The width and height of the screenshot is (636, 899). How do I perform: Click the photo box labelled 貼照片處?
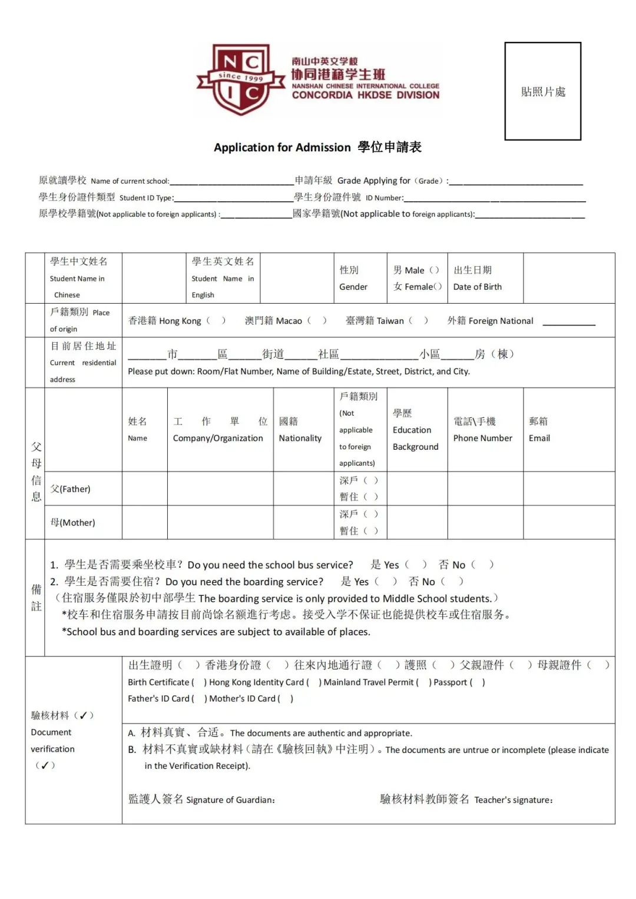tap(542, 91)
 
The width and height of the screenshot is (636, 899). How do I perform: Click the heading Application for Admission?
tap(282, 147)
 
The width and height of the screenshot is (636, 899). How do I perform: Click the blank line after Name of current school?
tap(231, 181)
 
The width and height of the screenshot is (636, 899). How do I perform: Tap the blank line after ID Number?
tap(494, 198)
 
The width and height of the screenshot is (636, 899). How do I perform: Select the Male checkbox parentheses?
tap(434, 270)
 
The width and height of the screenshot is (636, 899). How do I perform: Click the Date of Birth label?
tap(478, 287)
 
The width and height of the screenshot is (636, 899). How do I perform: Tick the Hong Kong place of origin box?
tap(215, 321)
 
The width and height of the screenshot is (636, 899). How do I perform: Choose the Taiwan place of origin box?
tap(418, 321)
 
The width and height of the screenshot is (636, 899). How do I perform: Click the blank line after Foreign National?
tap(568, 321)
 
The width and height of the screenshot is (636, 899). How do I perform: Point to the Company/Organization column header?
tap(218, 438)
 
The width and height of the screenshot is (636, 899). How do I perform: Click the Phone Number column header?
tap(482, 438)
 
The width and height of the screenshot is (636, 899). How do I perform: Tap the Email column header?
tap(539, 438)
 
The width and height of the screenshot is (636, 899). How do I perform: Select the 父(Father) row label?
tap(71, 489)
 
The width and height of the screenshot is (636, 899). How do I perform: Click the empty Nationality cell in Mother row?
tap(303, 522)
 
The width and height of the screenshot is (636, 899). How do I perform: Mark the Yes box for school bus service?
tap(415, 565)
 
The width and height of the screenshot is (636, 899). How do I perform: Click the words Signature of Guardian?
tap(230, 800)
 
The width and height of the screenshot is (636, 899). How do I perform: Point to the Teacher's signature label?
tap(513, 800)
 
